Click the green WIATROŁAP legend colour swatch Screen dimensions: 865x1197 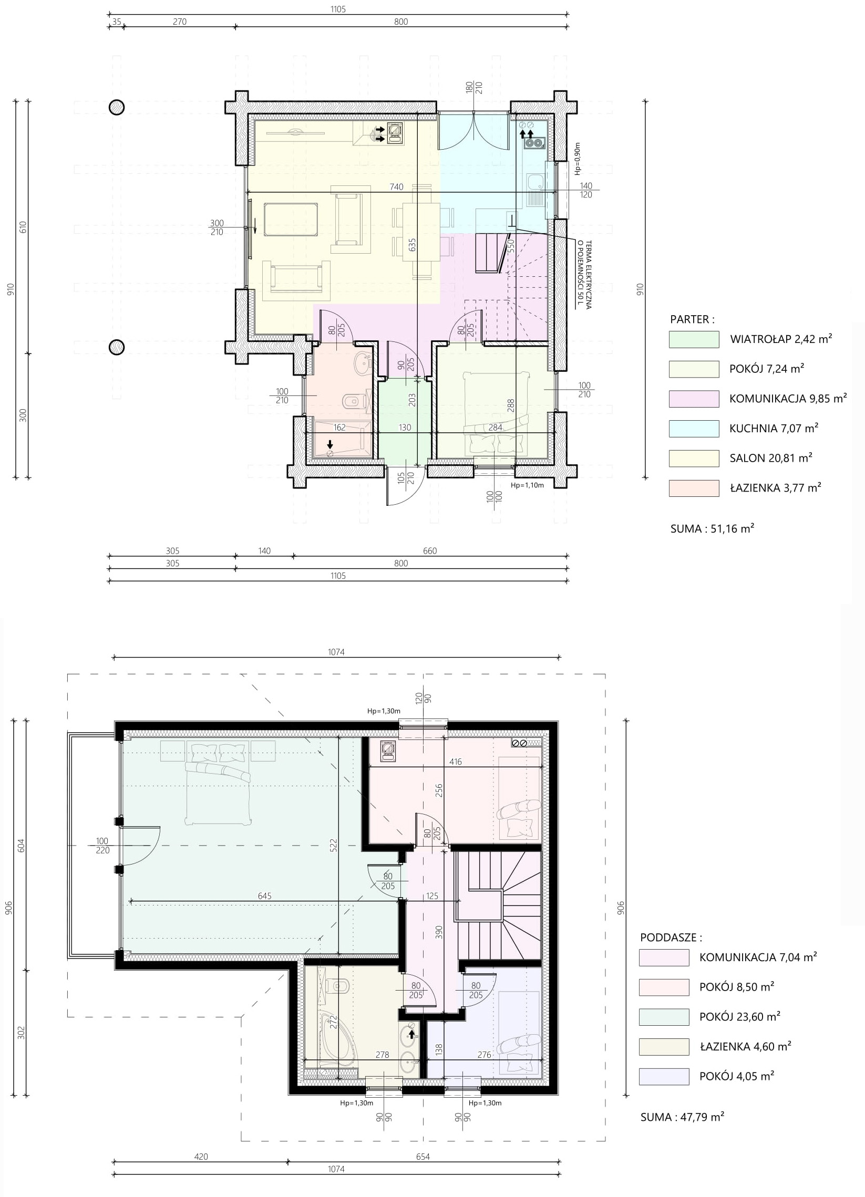pos(694,339)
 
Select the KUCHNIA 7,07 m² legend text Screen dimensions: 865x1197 pos(774,428)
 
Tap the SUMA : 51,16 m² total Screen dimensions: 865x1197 pos(712,528)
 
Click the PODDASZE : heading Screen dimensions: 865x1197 pos(671,938)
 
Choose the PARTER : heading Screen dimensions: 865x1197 pos(692,319)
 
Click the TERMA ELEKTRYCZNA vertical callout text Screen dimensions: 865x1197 pos(585,275)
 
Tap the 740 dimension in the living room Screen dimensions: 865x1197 pos(396,186)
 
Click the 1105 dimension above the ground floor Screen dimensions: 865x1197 pos(338,9)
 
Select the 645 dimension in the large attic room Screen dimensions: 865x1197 pos(264,896)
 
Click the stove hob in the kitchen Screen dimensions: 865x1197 pos(534,142)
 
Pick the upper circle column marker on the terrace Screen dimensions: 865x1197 pos(116,107)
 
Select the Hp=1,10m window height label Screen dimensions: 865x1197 pos(527,485)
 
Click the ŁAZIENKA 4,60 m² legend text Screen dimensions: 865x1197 pos(745,1046)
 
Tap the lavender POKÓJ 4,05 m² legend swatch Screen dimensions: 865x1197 pos(664,1077)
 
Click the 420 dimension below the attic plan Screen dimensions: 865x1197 pos(201,1157)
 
